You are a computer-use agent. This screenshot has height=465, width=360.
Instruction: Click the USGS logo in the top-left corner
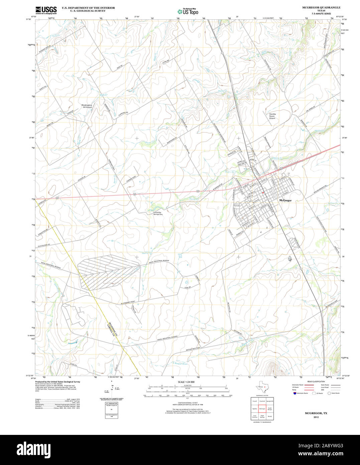[46, 10]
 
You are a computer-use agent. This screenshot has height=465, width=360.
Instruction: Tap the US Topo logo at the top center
[188, 11]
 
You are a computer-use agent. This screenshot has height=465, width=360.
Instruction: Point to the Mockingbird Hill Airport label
[87, 106]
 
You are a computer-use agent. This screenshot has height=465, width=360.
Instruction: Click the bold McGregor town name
[285, 200]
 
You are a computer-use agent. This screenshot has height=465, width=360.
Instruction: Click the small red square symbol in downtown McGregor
[263, 193]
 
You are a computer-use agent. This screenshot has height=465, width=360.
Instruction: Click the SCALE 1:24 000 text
[186, 382]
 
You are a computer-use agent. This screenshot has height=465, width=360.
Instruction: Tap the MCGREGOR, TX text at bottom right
[316, 413]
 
